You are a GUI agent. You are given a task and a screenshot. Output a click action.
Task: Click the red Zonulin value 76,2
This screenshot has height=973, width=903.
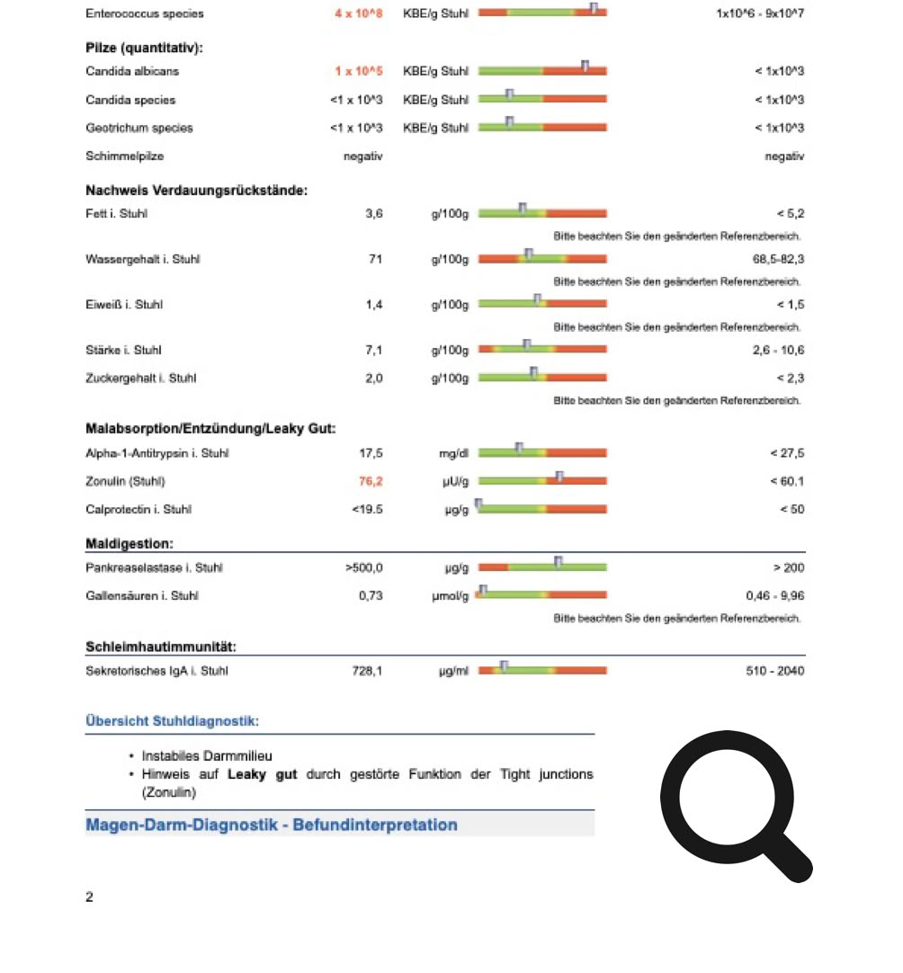(x=371, y=481)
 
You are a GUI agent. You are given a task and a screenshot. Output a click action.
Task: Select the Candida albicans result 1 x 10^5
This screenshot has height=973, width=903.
(x=359, y=71)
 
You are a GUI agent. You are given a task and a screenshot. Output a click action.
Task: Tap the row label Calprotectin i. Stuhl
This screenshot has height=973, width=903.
(x=139, y=510)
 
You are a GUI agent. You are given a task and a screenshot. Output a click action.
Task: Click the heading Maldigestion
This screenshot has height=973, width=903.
(x=130, y=544)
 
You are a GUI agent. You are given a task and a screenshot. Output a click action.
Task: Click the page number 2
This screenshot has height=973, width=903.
(x=89, y=897)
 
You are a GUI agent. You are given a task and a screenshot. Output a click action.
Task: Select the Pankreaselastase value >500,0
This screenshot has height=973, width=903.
(x=363, y=567)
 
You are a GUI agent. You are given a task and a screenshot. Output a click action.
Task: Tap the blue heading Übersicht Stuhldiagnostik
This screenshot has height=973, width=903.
(x=172, y=721)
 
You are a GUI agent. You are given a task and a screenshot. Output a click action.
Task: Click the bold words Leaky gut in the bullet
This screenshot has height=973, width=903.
(x=262, y=774)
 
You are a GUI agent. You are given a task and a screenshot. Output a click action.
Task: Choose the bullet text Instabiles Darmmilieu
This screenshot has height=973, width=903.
(x=207, y=756)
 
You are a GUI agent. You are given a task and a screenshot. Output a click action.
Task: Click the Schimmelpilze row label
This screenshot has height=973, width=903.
(x=123, y=156)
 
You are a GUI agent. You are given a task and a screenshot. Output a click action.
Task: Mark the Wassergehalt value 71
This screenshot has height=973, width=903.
(x=375, y=259)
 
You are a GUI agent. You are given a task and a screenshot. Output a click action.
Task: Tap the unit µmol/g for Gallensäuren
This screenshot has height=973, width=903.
(x=451, y=595)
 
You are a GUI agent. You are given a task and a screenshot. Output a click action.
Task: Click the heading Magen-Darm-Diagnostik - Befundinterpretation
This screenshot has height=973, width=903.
(x=272, y=825)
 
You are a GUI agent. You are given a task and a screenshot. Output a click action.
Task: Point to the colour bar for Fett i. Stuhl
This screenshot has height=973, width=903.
(x=542, y=213)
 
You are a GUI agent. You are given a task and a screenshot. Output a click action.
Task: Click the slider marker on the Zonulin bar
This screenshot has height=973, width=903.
(x=559, y=477)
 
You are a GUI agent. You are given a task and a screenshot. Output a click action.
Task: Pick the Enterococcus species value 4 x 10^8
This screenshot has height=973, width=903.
(x=359, y=13)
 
